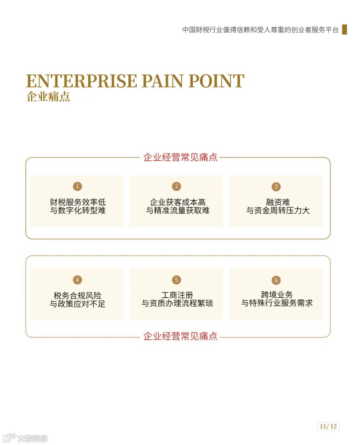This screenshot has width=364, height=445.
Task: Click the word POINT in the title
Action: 216,81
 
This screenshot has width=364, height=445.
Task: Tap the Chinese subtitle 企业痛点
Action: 48,97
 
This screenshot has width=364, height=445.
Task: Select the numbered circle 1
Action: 77,186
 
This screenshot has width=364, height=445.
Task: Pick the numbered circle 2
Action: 176,186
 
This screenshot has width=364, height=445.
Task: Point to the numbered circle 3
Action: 276,186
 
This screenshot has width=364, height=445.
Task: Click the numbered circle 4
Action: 77,280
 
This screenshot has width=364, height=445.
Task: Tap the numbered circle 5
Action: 176,280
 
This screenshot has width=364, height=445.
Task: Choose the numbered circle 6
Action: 276,280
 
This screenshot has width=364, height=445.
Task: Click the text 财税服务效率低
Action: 78,202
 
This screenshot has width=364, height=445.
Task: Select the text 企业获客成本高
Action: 178,202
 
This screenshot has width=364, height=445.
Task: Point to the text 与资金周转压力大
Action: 278,211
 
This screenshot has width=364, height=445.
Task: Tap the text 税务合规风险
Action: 78,296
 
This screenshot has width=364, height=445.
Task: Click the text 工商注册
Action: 177,295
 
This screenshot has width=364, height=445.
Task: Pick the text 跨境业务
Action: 277,295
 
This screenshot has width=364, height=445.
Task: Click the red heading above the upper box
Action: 180,157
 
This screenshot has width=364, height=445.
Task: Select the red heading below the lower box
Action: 180,336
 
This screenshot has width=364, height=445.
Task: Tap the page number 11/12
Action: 328,426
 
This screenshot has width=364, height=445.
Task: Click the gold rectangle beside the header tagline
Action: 344,29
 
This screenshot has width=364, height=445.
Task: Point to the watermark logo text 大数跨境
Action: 32,438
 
